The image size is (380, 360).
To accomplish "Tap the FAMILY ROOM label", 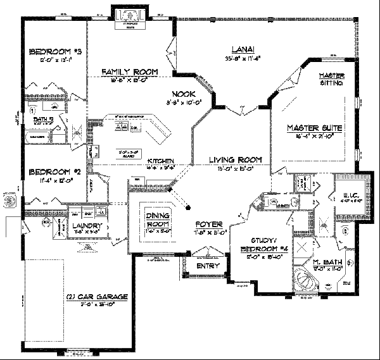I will pos(130,72).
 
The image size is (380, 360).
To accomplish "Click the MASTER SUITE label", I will pos(314,128).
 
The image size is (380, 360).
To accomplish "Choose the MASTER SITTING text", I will pos(331,79).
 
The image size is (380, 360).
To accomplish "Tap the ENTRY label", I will pos(208,266).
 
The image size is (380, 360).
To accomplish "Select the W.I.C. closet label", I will pos(346,194).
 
